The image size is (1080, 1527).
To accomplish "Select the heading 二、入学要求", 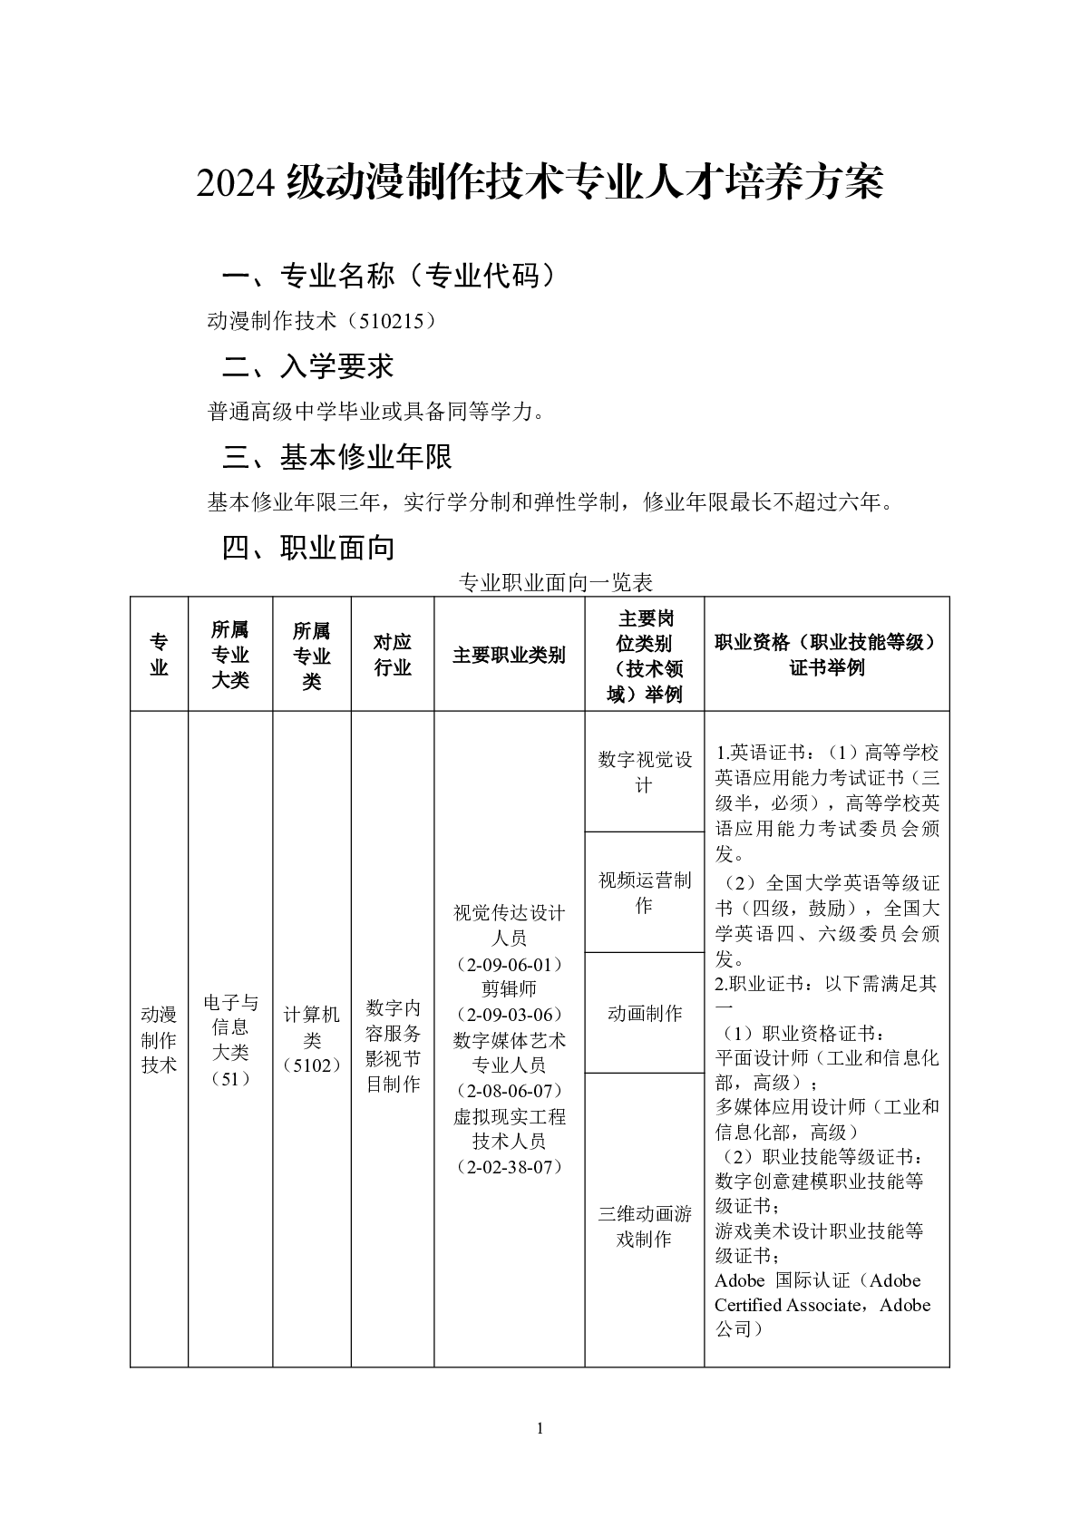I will pyautogui.click(x=308, y=366).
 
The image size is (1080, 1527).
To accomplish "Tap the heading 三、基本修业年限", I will pyautogui.click(x=337, y=457).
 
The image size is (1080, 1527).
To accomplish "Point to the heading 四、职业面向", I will pyautogui.click(x=308, y=548).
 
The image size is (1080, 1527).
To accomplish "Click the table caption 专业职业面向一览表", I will pyautogui.click(x=556, y=582).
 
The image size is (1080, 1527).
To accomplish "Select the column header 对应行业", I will pyautogui.click(x=393, y=655).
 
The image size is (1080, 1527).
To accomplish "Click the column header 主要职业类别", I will pyautogui.click(x=509, y=655).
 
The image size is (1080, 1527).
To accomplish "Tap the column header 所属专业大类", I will pyautogui.click(x=230, y=655).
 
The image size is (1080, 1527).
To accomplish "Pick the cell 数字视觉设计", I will pyautogui.click(x=644, y=772).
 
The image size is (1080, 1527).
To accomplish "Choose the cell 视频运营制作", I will pyautogui.click(x=644, y=892).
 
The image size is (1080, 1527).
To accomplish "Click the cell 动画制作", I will pyautogui.click(x=644, y=1013).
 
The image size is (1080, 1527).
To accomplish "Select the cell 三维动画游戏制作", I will pyautogui.click(x=644, y=1226).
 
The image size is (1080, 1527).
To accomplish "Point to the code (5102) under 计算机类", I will pyautogui.click(x=311, y=1065).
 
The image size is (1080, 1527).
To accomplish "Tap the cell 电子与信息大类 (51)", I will pyautogui.click(x=230, y=1040).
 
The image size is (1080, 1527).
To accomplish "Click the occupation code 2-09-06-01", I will pyautogui.click(x=509, y=963).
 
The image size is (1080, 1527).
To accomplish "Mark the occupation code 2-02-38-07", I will pyautogui.click(x=509, y=1166).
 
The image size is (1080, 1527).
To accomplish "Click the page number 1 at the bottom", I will pyautogui.click(x=540, y=1429).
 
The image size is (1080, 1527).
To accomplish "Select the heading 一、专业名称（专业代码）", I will pyautogui.click(x=388, y=276).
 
